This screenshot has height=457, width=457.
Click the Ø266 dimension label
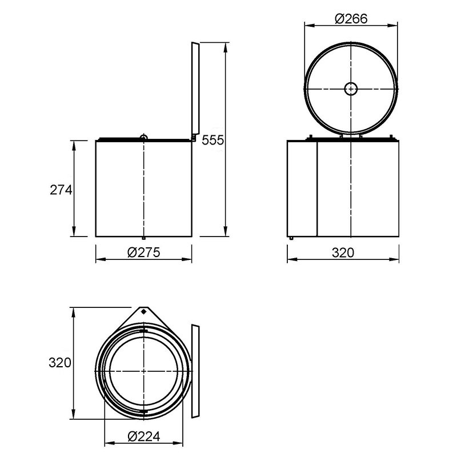(351, 19)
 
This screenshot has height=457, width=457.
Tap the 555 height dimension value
(213, 140)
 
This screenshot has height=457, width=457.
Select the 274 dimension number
(61, 190)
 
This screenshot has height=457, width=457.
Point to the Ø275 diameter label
(144, 252)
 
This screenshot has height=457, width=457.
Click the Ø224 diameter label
(144, 436)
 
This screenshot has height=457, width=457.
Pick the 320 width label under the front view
(343, 252)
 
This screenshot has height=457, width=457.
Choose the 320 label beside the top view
(60, 363)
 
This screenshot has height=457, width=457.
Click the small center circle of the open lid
(351, 89)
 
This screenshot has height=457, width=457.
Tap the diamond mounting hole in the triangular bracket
(143, 312)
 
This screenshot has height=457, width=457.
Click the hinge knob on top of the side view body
(144, 137)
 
